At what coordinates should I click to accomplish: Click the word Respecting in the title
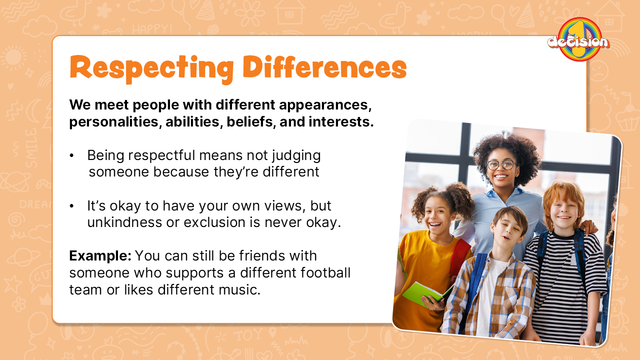(151, 68)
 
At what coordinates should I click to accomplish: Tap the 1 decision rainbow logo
(579, 39)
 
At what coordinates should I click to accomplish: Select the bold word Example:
(100, 255)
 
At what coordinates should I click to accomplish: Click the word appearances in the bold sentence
(325, 105)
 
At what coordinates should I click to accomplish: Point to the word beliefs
(251, 121)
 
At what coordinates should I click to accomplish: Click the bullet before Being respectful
(71, 155)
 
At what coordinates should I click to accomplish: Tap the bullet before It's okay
(71, 206)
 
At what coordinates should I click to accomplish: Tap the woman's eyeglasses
(501, 165)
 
